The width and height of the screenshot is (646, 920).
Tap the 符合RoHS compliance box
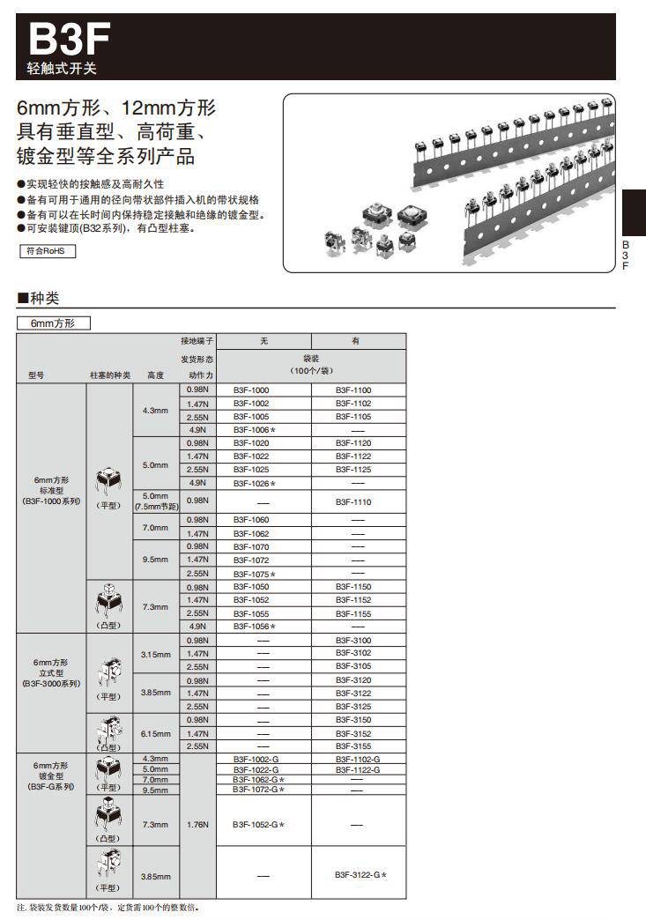point(47,251)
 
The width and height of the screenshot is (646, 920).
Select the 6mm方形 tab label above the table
point(54,323)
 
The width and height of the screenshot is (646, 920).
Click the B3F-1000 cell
point(251,390)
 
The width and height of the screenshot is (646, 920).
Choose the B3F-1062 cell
point(251,533)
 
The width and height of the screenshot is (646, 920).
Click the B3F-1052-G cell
point(258,825)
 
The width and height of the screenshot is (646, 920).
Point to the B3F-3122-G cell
point(360,875)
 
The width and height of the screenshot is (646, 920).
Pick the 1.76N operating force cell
point(197,825)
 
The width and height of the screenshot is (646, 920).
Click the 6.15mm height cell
point(155,733)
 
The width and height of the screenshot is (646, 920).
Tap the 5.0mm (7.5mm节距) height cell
point(155,501)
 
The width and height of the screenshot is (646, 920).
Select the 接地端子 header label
point(197,340)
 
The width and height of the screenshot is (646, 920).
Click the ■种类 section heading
point(38,298)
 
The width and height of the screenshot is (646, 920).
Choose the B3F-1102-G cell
point(357,759)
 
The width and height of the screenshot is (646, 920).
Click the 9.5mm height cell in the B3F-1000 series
point(155,560)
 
